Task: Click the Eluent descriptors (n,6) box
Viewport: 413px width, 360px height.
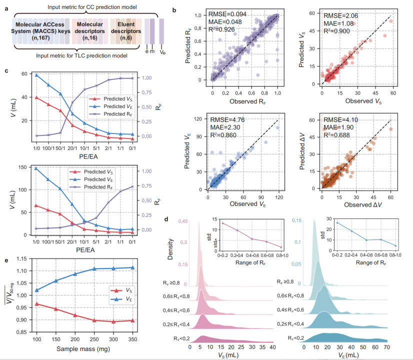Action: (x=122, y=30)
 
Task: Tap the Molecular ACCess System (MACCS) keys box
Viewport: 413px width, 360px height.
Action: (x=42, y=30)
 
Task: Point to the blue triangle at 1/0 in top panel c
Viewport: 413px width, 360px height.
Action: (x=36, y=75)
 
